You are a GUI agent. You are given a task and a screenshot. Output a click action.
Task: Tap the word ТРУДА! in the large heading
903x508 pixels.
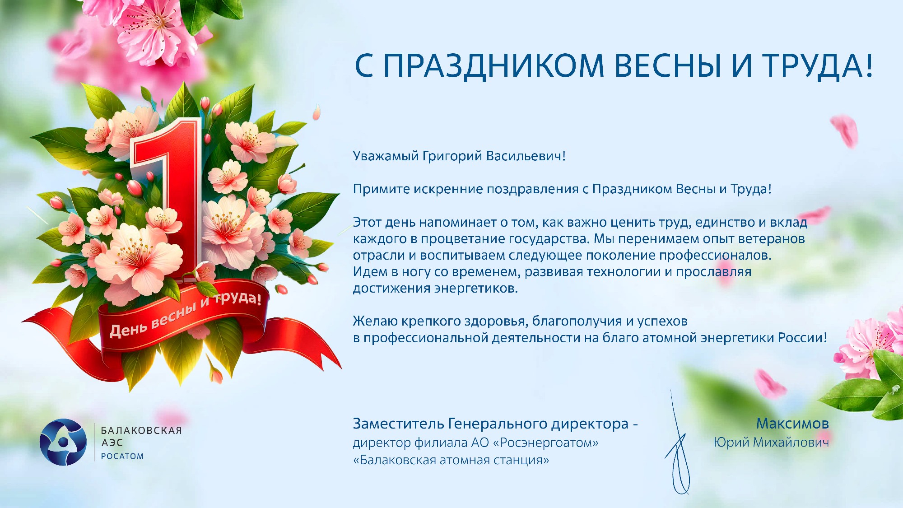pos(818,65)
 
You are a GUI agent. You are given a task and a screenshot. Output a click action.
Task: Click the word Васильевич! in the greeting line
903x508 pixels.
pos(526,156)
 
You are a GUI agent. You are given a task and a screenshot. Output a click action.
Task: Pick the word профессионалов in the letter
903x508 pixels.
pos(715,256)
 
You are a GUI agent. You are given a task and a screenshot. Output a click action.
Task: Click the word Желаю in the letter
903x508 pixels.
pos(375,321)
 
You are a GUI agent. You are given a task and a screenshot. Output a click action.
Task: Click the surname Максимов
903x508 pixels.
pos(792,424)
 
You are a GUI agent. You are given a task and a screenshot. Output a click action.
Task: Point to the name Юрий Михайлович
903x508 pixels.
pos(771,442)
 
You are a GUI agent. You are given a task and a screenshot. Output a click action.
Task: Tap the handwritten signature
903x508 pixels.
pos(677,445)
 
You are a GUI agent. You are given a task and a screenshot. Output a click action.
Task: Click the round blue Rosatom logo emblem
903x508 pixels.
pos(63,442)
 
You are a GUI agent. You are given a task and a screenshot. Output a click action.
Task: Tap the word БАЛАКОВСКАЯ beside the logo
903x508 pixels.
pos(141,430)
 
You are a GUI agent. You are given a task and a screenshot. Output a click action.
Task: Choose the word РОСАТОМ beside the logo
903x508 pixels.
pos(122,456)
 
